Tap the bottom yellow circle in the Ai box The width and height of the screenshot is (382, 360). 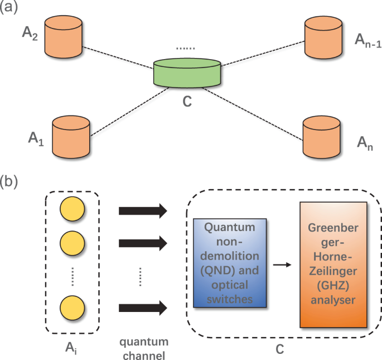[72, 306]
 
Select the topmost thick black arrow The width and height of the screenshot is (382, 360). [143, 210]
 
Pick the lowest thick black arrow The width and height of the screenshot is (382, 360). [143, 306]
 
